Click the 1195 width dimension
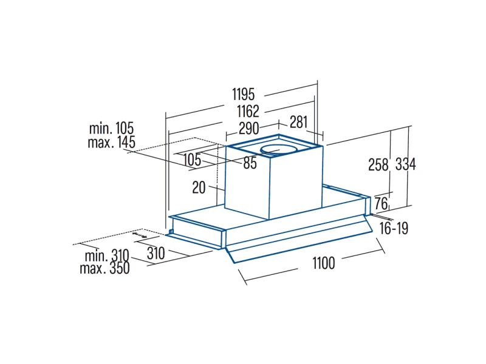(244, 94)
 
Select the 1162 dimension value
(248, 112)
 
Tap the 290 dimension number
(249, 129)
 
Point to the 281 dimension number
(298, 122)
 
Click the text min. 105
(111, 128)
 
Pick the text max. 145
(112, 143)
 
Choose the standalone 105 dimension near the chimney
(192, 160)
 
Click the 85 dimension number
(250, 163)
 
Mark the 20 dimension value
(199, 187)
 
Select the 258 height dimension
(378, 164)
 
